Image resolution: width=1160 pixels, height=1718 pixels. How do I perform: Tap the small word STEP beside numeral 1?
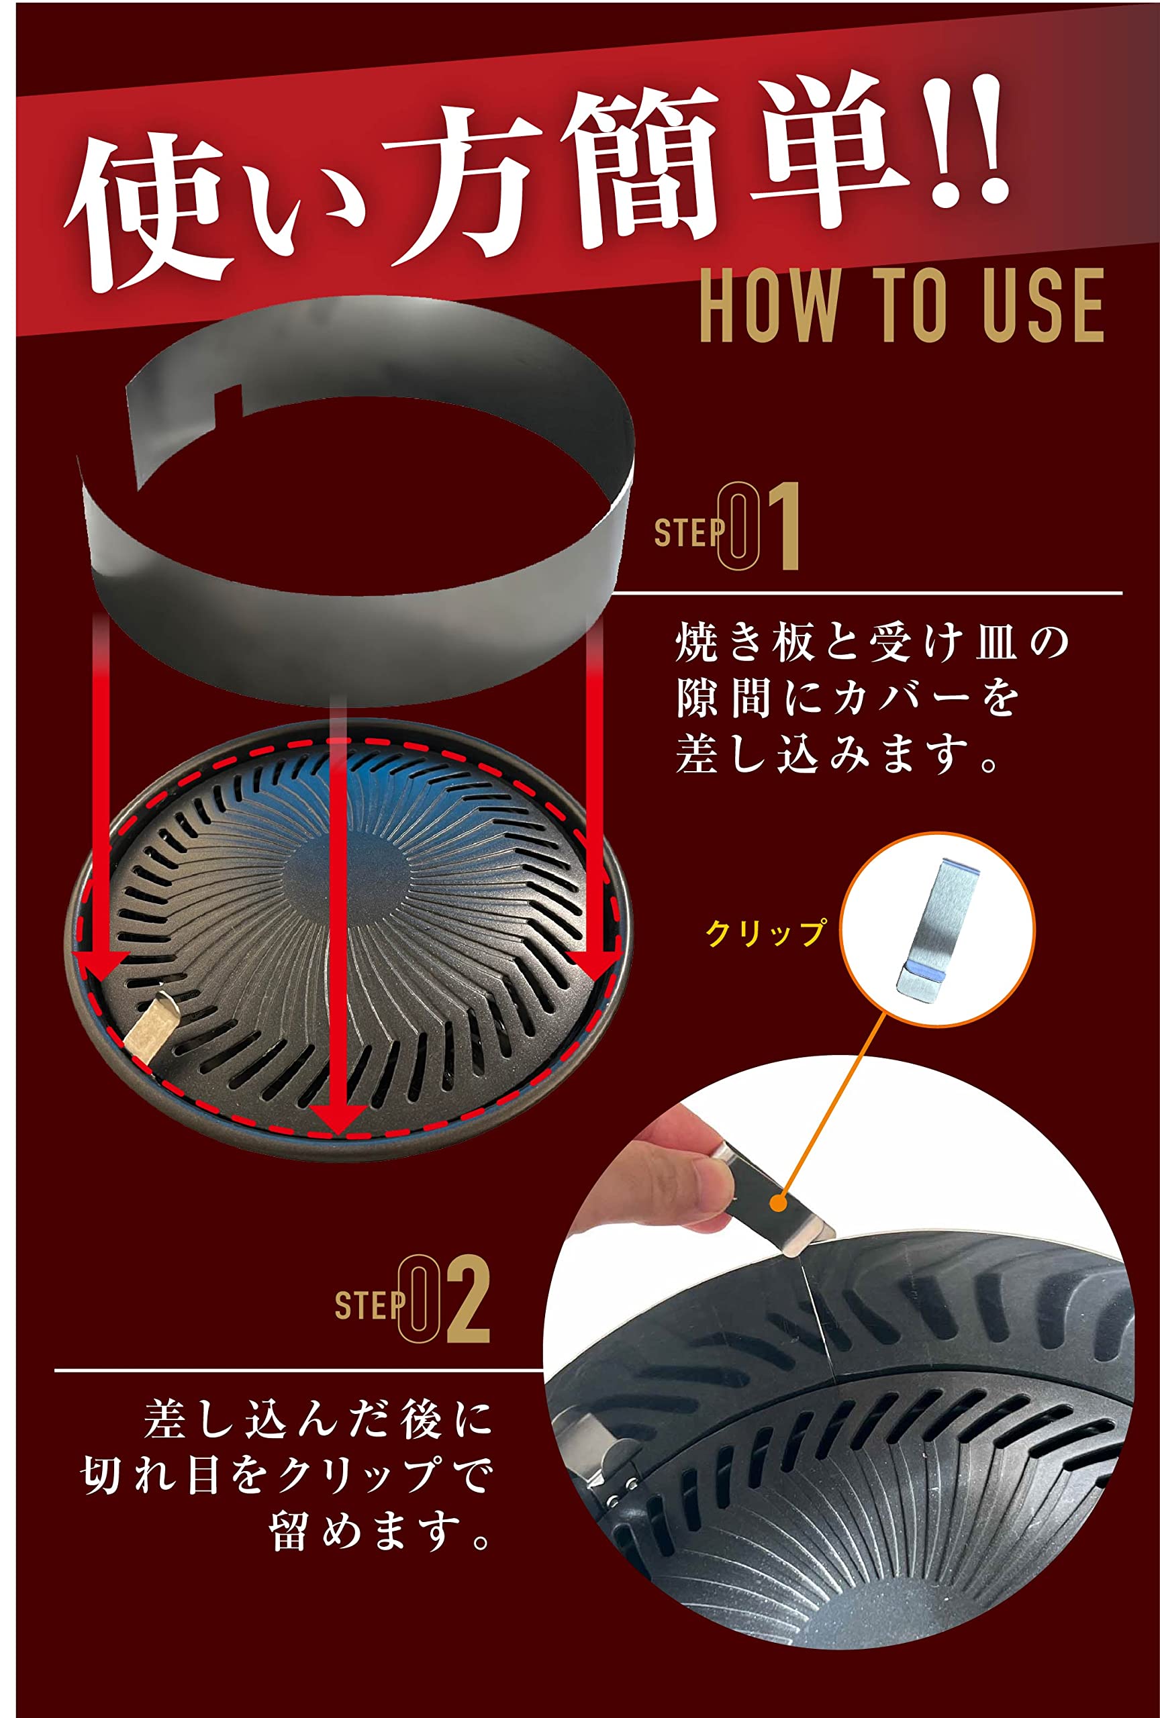click(x=685, y=532)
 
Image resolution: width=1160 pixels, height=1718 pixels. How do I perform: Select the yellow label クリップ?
click(x=765, y=932)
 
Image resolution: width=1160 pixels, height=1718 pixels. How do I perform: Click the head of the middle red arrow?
click(x=337, y=1116)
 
